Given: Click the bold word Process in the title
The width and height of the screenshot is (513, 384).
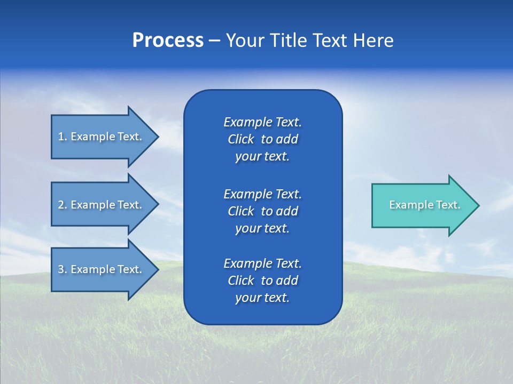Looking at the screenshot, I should (168, 41).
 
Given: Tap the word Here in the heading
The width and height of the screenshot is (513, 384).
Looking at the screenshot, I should (373, 41).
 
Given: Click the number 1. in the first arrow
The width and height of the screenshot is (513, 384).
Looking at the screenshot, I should (63, 137).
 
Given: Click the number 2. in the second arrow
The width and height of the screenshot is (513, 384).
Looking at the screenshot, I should (63, 205).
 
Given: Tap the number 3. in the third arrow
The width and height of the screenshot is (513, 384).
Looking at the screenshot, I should (63, 269).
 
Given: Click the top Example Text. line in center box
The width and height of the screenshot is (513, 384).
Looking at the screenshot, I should (262, 122).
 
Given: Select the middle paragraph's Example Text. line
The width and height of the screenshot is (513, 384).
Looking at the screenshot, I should (262, 194).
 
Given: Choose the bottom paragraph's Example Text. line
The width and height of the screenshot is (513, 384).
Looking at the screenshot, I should (262, 263).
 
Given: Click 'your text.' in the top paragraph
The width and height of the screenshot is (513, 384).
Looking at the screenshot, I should (262, 157).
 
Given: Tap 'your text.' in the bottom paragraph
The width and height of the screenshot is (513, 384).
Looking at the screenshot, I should (262, 298).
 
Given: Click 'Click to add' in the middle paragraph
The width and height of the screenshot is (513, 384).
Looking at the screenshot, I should (262, 211).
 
